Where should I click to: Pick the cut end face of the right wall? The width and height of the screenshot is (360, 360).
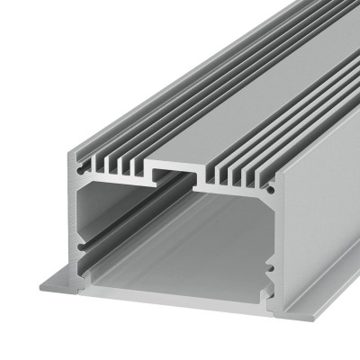pyautogui.click(x=271, y=243)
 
